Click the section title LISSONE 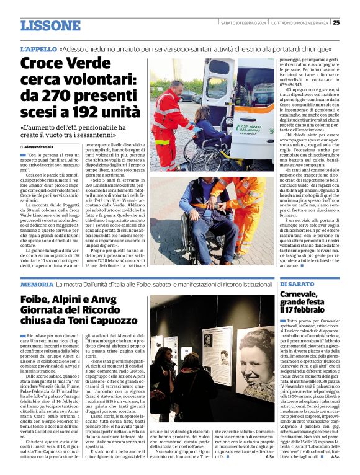(x=50, y=25)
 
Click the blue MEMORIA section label (x=37, y=284)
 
